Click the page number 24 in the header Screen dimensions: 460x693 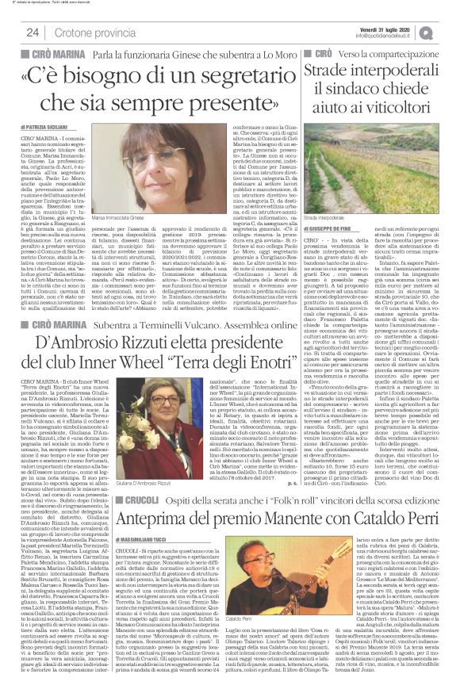tap(33, 33)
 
